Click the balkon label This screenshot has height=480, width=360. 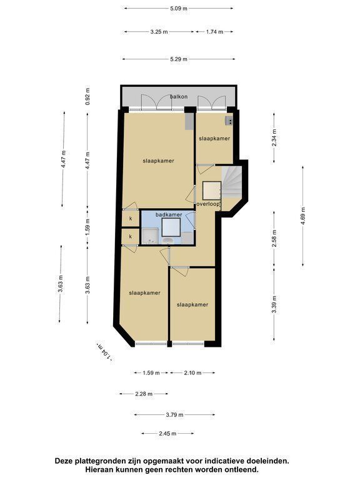179,97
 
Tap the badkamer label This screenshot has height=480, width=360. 169,215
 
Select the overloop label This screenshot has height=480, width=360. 209,204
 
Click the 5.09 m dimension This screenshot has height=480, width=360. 179,9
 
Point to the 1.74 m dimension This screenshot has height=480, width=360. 214,31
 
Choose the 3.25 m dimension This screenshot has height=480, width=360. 159,31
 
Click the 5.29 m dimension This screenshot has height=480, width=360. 179,59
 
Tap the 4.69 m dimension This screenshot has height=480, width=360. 303,216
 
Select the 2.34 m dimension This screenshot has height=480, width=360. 274,137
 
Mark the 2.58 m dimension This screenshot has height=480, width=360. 274,238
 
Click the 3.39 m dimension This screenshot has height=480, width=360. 274,304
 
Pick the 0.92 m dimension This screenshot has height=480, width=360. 88,96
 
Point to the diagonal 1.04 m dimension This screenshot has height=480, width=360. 104,352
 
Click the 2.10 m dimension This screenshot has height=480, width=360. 193,373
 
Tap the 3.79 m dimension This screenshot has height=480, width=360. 175,415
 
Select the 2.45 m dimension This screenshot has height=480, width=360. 167,434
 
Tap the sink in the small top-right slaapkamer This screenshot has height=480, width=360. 229,121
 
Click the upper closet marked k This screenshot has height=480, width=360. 131,219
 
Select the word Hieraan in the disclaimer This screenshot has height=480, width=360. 98,469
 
